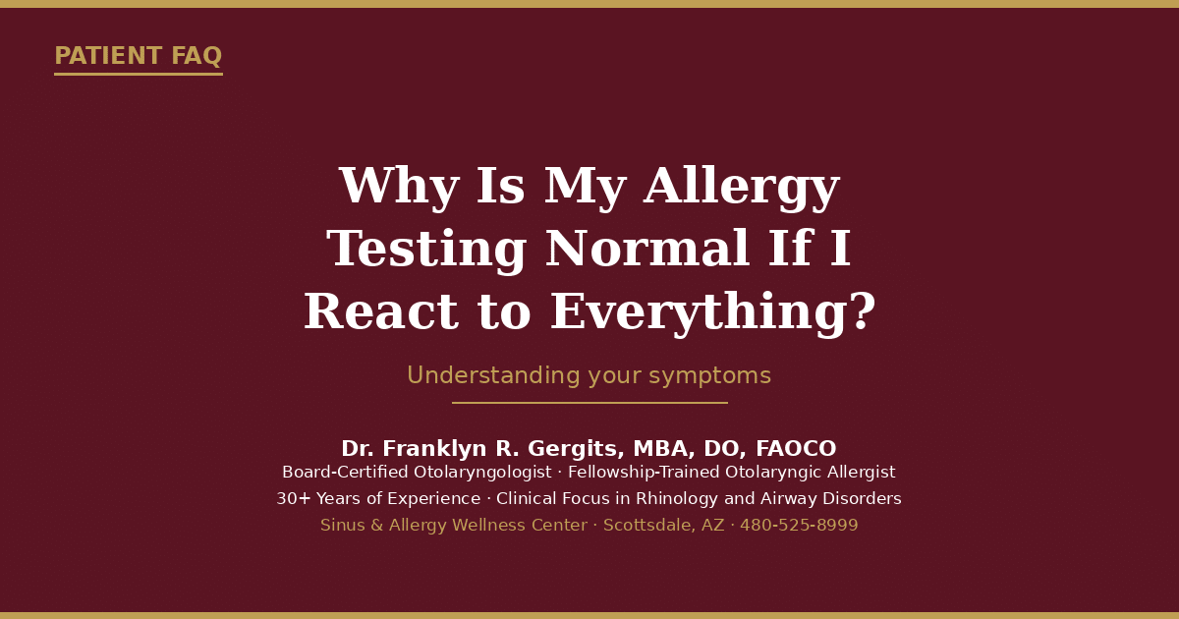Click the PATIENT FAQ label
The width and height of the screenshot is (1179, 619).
[x=139, y=56]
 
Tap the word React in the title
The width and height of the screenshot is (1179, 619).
[x=381, y=311]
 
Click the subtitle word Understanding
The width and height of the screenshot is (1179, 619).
[x=493, y=375]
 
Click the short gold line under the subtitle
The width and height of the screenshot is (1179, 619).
[x=589, y=403]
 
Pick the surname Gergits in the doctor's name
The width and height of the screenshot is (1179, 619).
[x=576, y=449]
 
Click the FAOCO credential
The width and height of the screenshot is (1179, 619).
[x=796, y=448]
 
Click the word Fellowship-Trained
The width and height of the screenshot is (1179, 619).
[x=645, y=472]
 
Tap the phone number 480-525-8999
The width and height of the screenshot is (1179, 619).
[x=799, y=525]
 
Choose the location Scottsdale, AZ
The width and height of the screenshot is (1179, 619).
[x=664, y=526]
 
